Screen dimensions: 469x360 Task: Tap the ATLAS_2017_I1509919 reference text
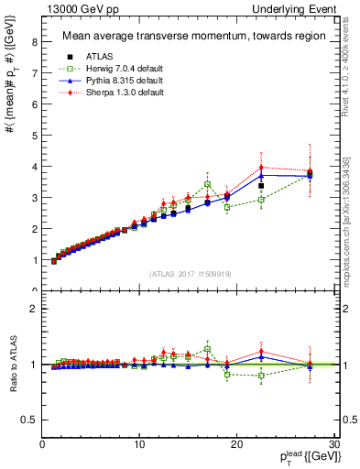pyautogui.click(x=189, y=274)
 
